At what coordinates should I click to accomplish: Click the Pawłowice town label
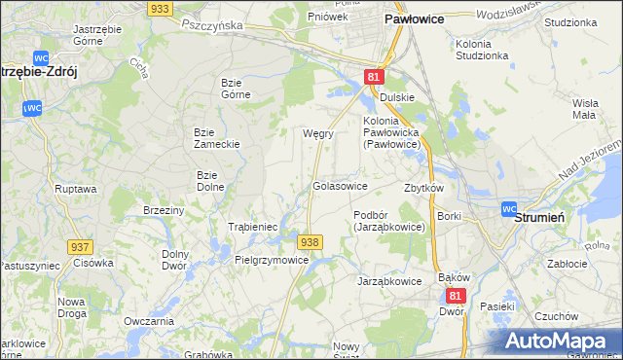[x=415, y=18]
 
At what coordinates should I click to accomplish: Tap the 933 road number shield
[x=162, y=8]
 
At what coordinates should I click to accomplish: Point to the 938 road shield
[x=310, y=241]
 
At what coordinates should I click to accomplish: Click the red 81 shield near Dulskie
[x=375, y=76]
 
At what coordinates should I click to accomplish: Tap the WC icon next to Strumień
[x=509, y=208]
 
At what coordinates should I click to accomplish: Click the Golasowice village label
[x=339, y=185]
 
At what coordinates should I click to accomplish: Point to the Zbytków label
[x=423, y=188]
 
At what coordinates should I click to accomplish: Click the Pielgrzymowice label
[x=272, y=260]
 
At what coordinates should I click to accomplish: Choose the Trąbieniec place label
[x=253, y=227]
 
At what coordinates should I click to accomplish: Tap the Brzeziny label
[x=164, y=210]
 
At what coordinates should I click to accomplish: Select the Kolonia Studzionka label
[x=481, y=50]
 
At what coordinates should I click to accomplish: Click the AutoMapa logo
[x=561, y=342]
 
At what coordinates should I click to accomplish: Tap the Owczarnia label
[x=149, y=320]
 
